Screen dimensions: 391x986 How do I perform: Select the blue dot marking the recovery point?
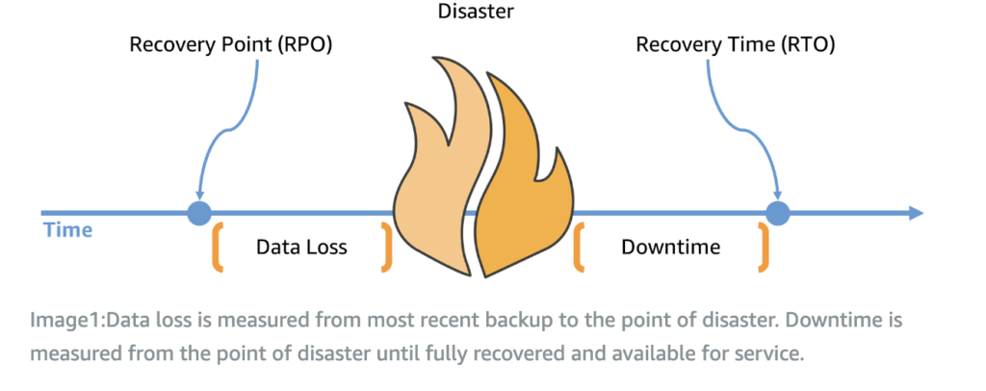pos(199,213)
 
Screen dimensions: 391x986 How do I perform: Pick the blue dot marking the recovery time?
pos(777,213)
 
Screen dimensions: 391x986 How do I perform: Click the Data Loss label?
pos(301,248)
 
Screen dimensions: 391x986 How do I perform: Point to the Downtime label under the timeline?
pos(671,248)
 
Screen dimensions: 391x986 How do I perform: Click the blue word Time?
pos(67,230)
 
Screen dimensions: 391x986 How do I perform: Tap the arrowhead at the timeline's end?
pos(914,213)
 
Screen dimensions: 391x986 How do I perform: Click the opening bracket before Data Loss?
pos(218,247)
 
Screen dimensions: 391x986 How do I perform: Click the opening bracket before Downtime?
pos(580,247)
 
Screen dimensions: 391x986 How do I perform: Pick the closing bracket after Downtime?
pos(764,247)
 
